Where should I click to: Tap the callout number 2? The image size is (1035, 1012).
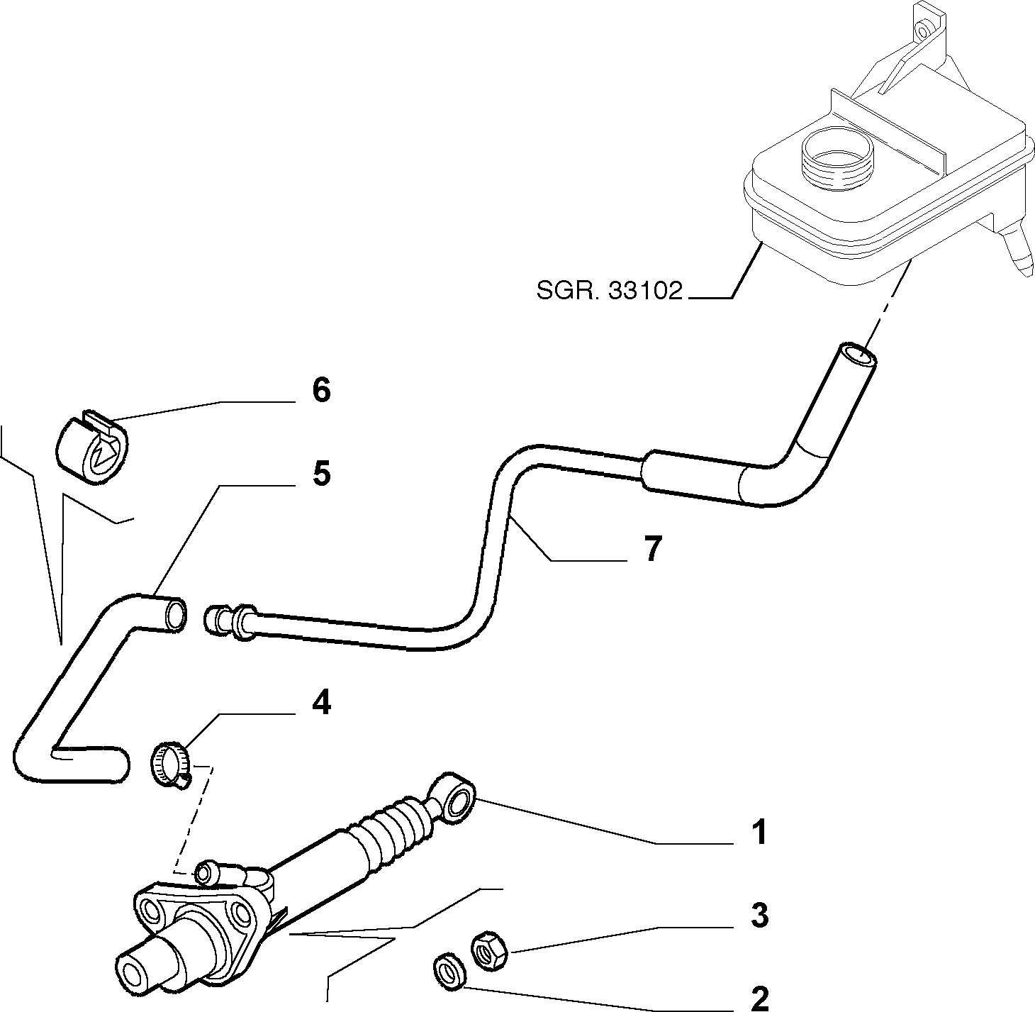759,998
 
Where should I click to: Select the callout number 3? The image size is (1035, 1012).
759,916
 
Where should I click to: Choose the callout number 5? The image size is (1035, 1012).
321,473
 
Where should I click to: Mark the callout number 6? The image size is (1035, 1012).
321,390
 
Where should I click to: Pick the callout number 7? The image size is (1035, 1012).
653,549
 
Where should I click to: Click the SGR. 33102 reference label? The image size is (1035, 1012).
609,291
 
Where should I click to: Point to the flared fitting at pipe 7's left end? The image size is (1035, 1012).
230,619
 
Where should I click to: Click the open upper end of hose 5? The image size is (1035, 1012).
176,615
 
